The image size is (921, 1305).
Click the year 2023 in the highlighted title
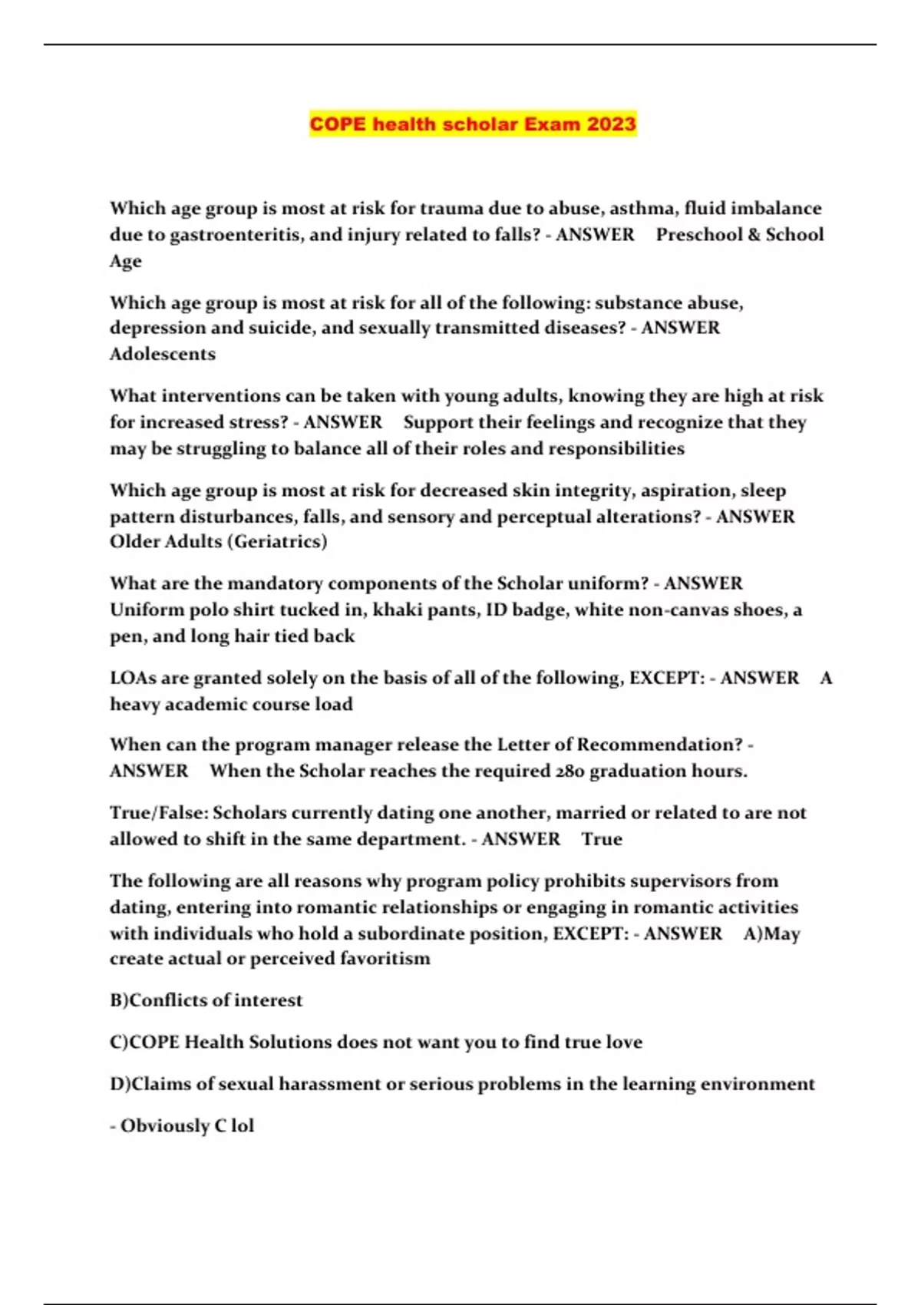coord(612,124)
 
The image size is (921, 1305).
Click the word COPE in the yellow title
coord(338,124)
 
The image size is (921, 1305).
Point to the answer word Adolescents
coord(163,354)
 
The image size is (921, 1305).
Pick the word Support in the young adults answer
coord(437,422)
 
